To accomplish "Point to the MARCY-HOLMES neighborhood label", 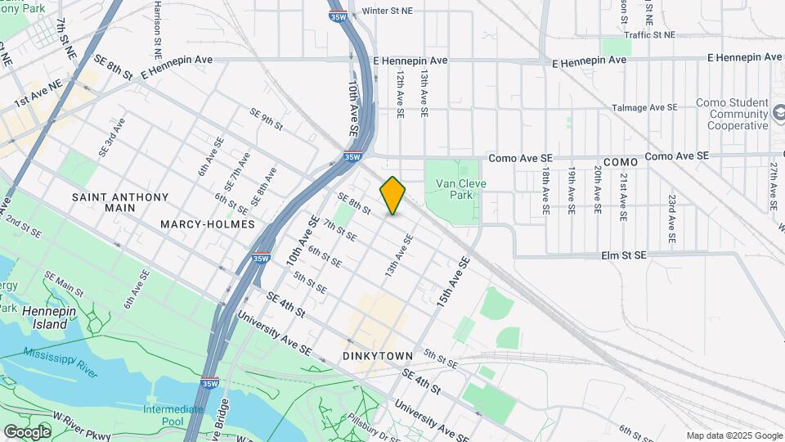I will [x=208, y=223].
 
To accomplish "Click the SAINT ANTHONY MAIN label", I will [x=120, y=203].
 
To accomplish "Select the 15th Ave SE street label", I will [x=454, y=282].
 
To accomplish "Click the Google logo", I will [x=27, y=431].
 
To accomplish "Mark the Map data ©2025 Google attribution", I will [x=733, y=435].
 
